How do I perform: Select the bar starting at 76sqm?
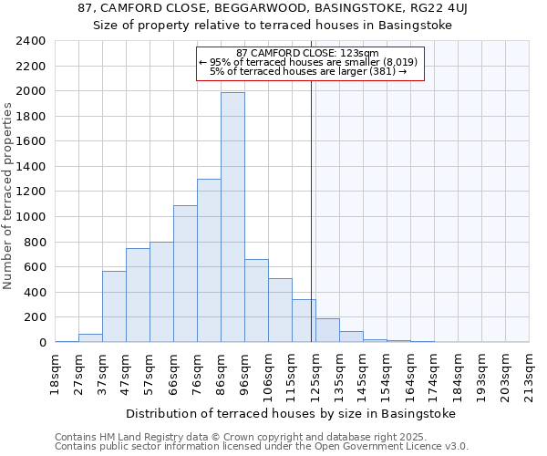(209, 260)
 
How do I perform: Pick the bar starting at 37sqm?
(114, 306)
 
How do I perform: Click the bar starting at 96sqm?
(256, 300)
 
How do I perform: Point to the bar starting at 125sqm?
(327, 330)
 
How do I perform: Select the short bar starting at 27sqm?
(90, 338)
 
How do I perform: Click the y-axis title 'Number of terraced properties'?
(9, 196)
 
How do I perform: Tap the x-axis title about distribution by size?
(290, 413)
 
